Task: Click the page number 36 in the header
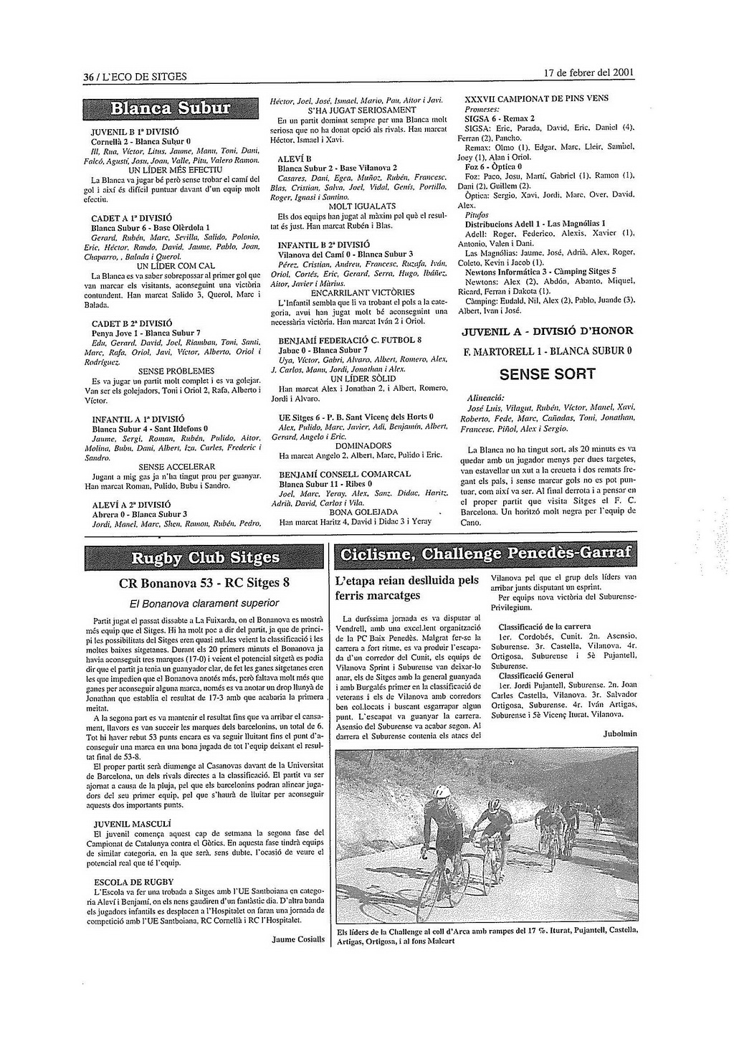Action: [88, 77]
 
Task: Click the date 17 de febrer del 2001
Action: [588, 73]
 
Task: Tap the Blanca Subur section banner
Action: [171, 109]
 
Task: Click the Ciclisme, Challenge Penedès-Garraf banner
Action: [487, 554]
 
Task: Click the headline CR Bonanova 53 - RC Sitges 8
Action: [204, 582]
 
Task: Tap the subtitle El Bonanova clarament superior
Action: [204, 603]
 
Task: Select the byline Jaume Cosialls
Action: [298, 939]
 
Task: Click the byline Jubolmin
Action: [620, 734]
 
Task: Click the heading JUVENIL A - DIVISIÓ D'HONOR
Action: [548, 331]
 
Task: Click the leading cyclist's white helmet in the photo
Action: [441, 791]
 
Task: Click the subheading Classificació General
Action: [536, 675]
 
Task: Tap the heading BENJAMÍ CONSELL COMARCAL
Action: [345, 474]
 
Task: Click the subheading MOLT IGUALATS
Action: [345, 206]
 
